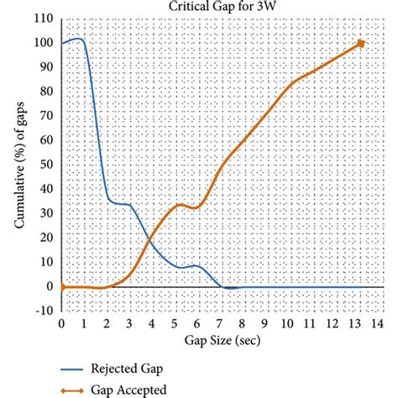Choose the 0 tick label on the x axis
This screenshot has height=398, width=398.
[61, 324]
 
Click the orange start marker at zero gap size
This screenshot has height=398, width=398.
[61, 286]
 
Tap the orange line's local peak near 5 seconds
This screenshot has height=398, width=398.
[180, 204]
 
